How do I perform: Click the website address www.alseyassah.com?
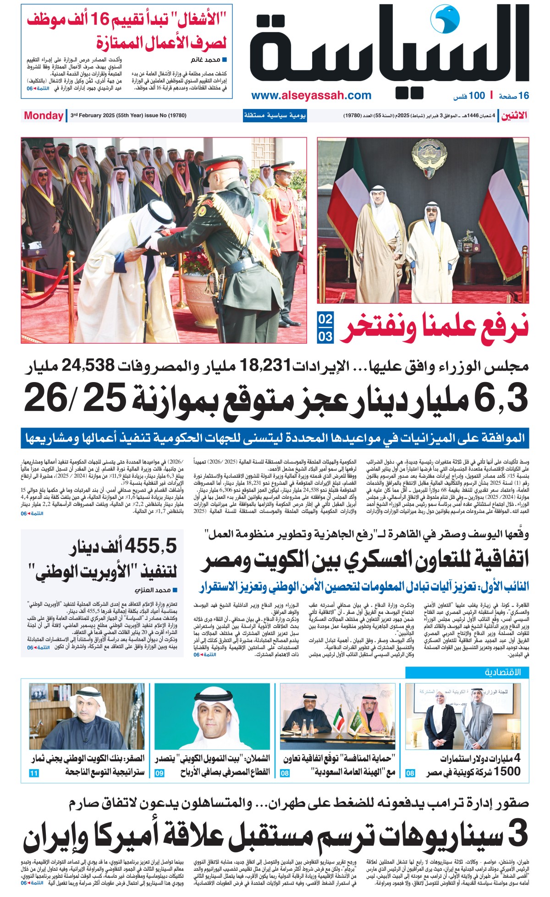[311, 95]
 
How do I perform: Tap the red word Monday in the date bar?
[44, 115]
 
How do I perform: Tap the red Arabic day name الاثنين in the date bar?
[513, 115]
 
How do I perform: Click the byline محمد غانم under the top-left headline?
[207, 60]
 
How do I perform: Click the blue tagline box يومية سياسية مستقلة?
[275, 115]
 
